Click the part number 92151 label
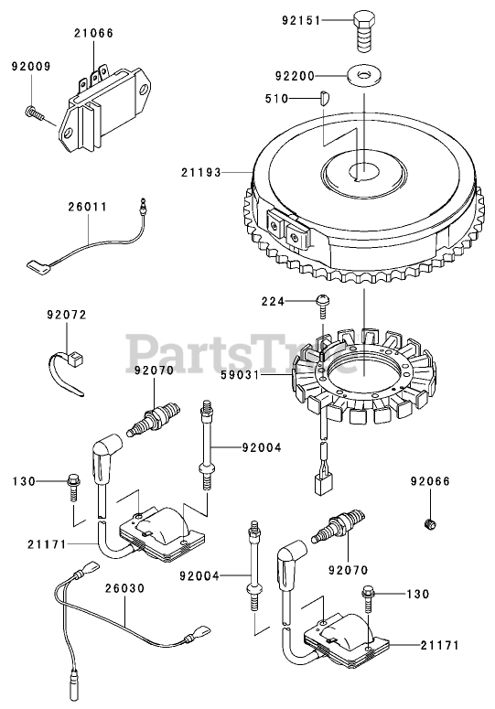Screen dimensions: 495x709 [301, 20]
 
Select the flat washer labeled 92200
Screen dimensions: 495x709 [364, 75]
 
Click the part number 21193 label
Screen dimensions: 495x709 [201, 172]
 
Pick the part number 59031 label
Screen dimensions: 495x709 [240, 375]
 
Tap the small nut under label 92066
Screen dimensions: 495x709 [431, 524]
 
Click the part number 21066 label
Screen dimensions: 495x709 [94, 33]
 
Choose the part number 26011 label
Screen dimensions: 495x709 [88, 207]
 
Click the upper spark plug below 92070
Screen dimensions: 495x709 [153, 419]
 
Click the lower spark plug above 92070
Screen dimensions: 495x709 [338, 527]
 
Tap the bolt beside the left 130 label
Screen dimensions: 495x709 [73, 487]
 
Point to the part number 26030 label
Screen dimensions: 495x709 [124, 588]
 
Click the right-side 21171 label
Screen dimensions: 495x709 [439, 645]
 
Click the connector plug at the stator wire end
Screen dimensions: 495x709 [324, 485]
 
